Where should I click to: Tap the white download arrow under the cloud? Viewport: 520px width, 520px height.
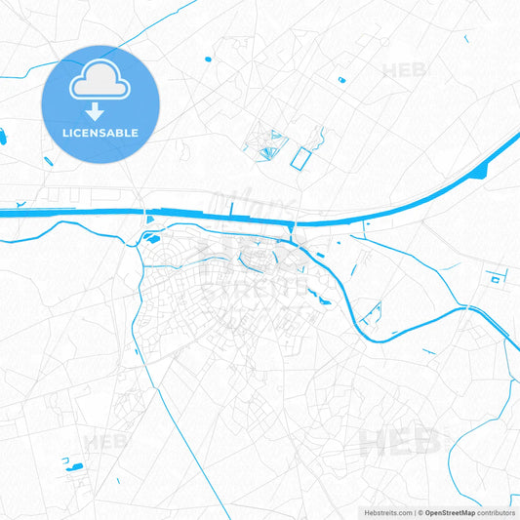(x=100, y=111)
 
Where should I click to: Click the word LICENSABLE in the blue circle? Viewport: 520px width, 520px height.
(x=100, y=133)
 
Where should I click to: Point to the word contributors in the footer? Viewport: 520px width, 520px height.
(x=498, y=512)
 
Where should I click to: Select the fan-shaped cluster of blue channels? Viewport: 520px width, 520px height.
(x=264, y=146)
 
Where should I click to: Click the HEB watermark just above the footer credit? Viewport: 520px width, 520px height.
(x=395, y=445)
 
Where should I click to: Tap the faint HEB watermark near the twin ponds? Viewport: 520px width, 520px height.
(x=105, y=442)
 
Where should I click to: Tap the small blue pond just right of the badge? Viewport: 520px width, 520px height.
(x=207, y=59)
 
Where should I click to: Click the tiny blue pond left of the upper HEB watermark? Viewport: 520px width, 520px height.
(x=341, y=79)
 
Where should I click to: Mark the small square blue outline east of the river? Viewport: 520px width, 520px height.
(x=495, y=279)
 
